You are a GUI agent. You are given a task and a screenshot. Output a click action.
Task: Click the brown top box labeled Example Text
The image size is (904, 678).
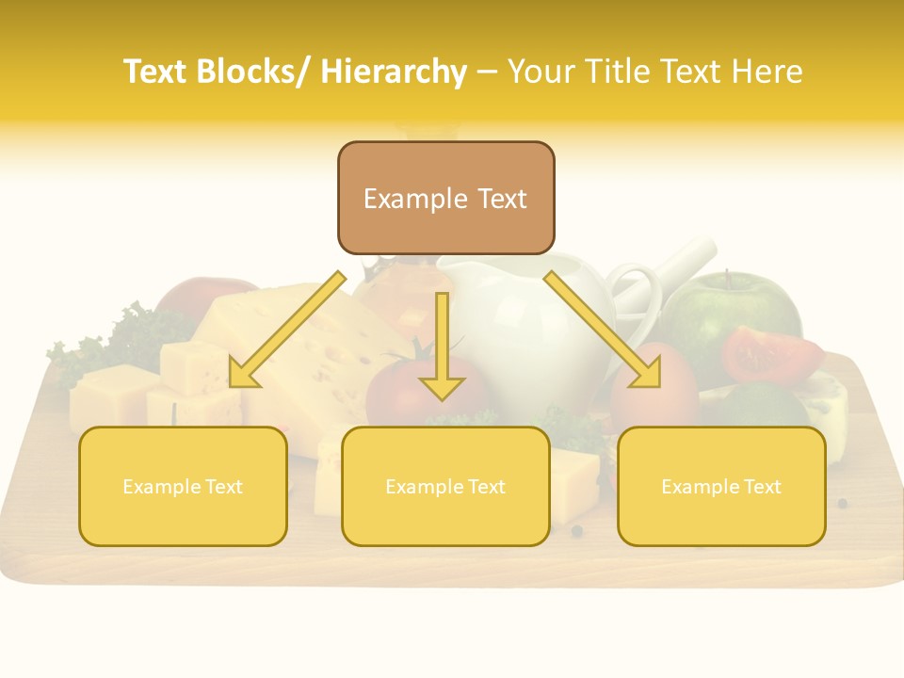[445, 198]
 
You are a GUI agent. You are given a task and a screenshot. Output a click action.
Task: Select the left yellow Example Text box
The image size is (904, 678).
[183, 486]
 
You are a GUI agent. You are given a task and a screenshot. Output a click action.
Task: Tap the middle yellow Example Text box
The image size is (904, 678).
[445, 486]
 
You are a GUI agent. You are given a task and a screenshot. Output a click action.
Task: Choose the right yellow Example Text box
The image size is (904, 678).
[721, 486]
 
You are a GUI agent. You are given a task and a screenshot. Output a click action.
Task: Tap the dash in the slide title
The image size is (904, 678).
[487, 72]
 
